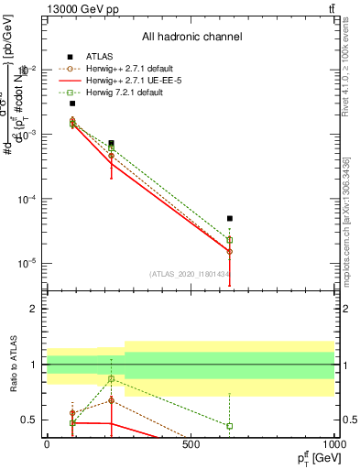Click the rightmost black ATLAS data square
point(230,219)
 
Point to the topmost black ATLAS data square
point(72,104)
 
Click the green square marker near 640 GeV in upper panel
point(230,240)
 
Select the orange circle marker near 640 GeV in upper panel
point(230,251)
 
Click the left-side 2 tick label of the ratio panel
point(36,310)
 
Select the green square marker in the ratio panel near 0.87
point(111,378)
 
